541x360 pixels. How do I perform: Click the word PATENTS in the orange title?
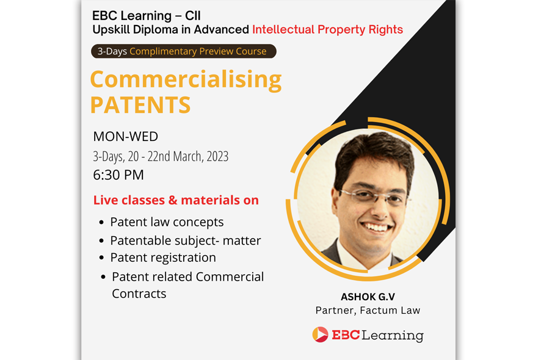(x=140, y=104)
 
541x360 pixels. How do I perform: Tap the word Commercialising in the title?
(x=186, y=79)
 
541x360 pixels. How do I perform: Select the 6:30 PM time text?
(x=118, y=175)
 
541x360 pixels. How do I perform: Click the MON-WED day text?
(x=125, y=137)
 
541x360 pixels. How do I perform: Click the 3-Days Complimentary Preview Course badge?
(x=183, y=51)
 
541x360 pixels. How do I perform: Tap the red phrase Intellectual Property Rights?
(x=327, y=29)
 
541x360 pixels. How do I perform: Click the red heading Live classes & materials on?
(x=176, y=200)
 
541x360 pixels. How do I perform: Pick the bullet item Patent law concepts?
(x=167, y=222)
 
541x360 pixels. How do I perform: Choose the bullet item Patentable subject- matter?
(x=185, y=240)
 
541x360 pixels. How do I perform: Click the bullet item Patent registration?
(x=163, y=257)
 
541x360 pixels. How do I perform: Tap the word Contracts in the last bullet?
(x=139, y=293)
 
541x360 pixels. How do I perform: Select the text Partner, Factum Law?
(x=368, y=311)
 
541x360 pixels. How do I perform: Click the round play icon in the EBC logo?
(x=320, y=334)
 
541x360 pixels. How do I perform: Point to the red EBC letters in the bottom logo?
(x=346, y=335)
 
